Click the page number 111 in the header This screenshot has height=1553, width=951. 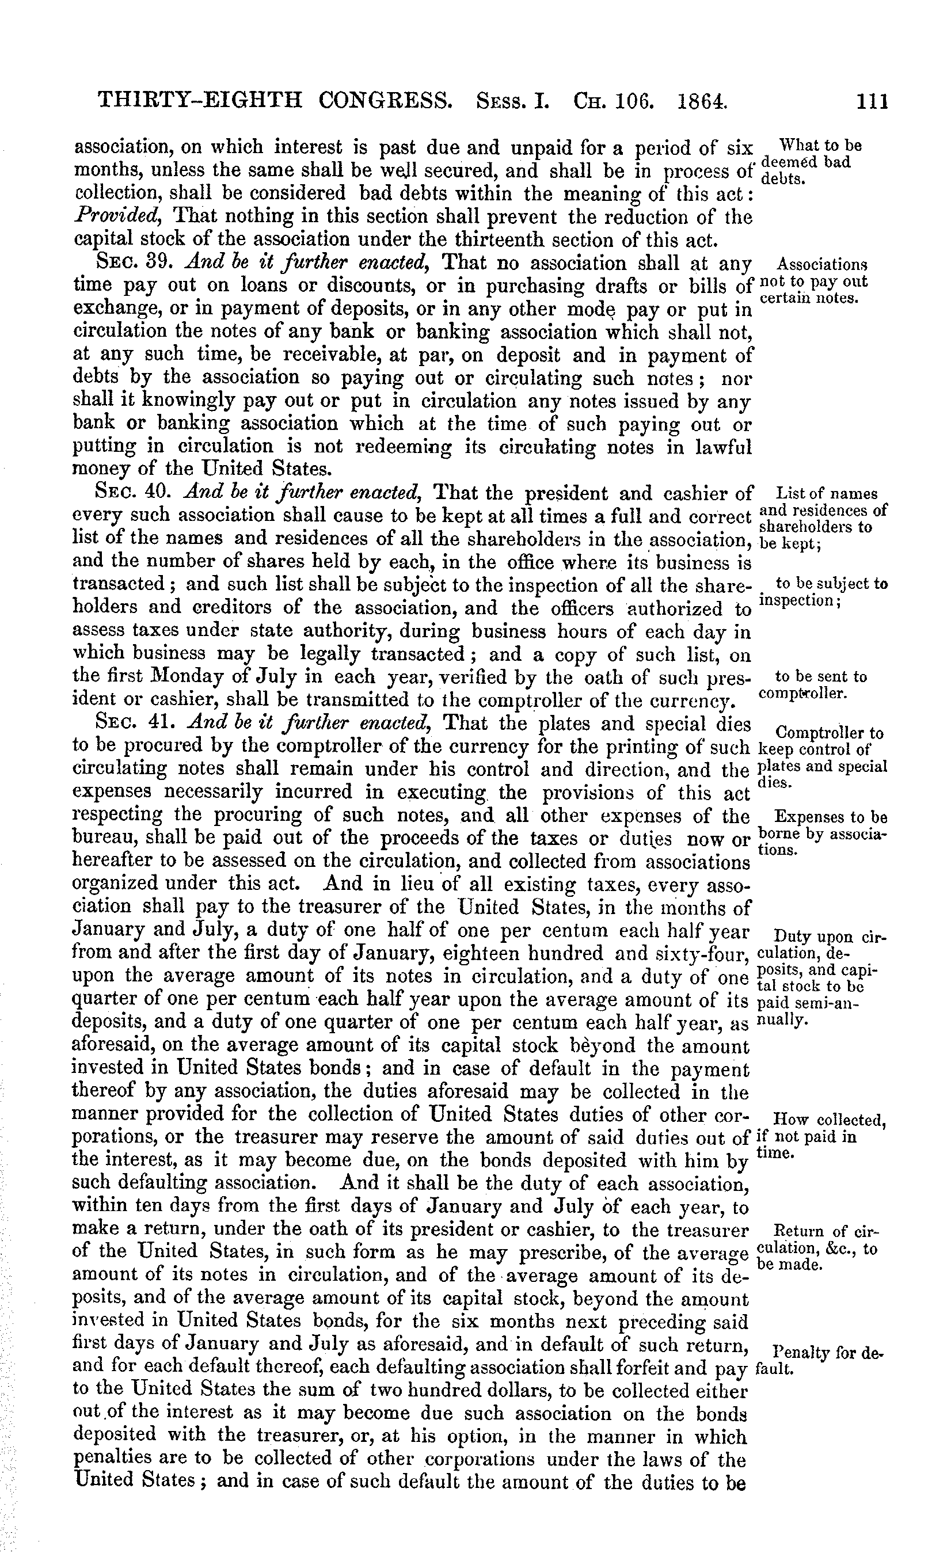click(x=872, y=101)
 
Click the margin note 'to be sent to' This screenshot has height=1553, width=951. click(x=820, y=677)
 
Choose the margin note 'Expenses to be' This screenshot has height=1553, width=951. click(x=831, y=817)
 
